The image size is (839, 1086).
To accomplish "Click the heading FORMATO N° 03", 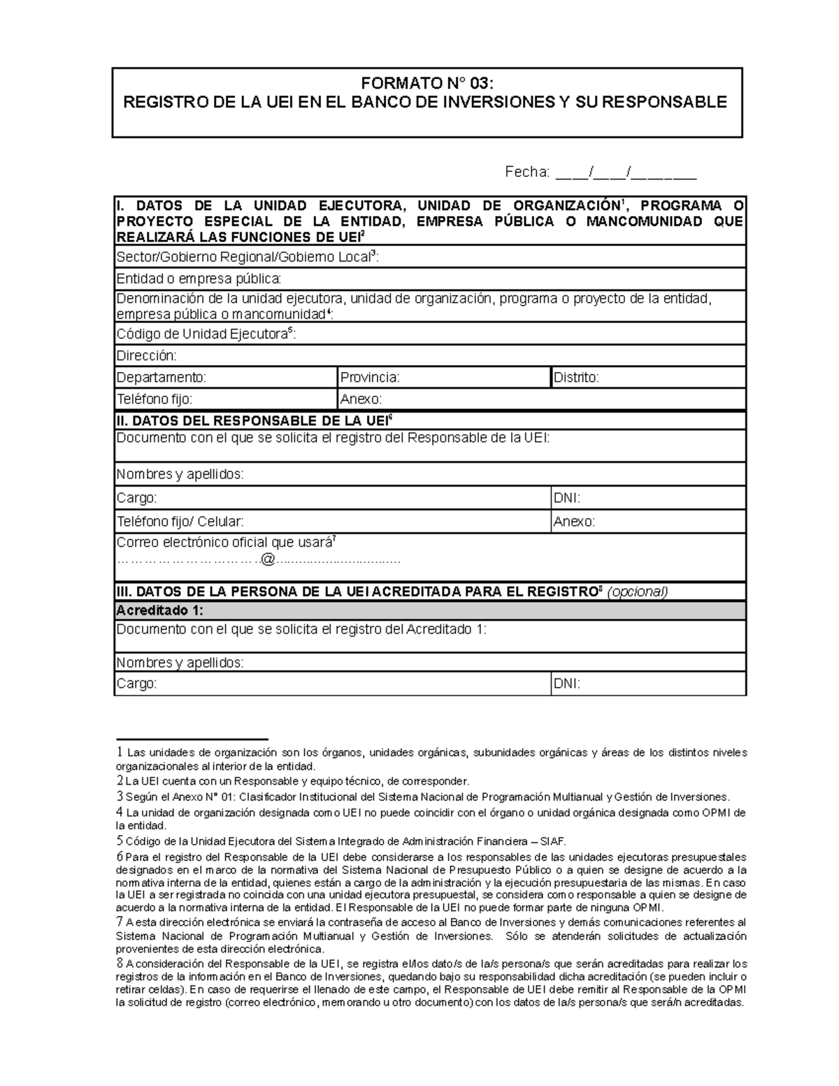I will [x=426, y=84].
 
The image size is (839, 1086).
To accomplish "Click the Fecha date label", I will [x=527, y=172].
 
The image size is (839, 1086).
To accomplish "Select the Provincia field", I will [x=444, y=378].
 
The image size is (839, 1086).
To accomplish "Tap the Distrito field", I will [x=648, y=378].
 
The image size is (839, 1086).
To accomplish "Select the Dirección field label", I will [x=147, y=356].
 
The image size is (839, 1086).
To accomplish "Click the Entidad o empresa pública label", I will [x=199, y=279].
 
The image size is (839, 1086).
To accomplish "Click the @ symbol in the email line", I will [x=269, y=560].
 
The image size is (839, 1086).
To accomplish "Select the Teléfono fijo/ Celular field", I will [x=332, y=522].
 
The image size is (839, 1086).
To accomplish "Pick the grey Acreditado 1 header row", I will [x=429, y=610].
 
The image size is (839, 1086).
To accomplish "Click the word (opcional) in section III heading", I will [x=637, y=592].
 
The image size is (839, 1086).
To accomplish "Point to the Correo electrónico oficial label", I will [x=227, y=543].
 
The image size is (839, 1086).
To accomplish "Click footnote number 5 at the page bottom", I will [x=120, y=841].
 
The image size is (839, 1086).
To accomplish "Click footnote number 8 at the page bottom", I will [x=120, y=963].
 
